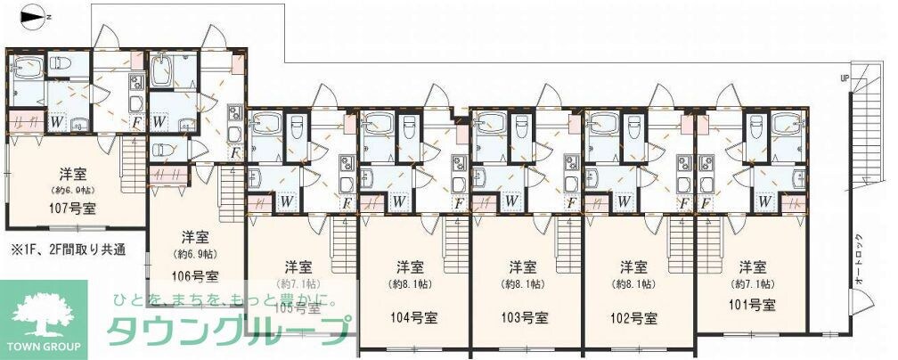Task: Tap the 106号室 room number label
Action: coord(195,275)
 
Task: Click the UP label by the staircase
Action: coord(844,78)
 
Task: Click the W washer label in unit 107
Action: coord(56,121)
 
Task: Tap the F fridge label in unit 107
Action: coord(136,121)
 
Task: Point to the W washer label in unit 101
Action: coord(764,201)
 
